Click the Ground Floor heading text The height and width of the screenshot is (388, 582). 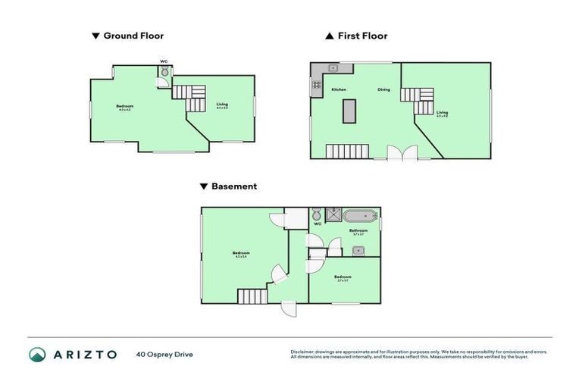[x=133, y=36]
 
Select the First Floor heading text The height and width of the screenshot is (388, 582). [x=362, y=36]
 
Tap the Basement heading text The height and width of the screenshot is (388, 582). [x=233, y=186]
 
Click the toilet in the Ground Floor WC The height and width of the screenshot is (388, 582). [x=164, y=72]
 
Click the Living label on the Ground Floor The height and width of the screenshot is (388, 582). [x=221, y=105]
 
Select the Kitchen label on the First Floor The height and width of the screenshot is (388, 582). [x=339, y=90]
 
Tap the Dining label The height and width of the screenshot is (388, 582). [x=384, y=90]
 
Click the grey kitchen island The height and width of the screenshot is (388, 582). [x=349, y=111]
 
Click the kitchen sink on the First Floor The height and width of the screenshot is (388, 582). [x=333, y=69]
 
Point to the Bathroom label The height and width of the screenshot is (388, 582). [x=358, y=230]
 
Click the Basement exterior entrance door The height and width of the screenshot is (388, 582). [x=287, y=308]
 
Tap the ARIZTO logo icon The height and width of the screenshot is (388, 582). [x=37, y=355]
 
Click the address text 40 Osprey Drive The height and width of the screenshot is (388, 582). [x=164, y=355]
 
